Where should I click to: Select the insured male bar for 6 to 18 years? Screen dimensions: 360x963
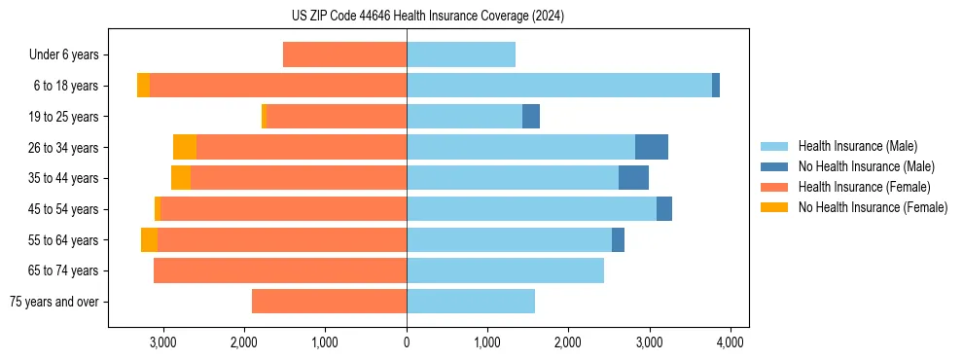pyautogui.click(x=559, y=86)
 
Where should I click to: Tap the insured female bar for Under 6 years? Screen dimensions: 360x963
pyautogui.click(x=344, y=54)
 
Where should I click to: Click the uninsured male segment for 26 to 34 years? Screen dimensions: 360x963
pyautogui.click(x=652, y=147)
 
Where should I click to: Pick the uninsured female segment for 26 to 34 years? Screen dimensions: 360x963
pyautogui.click(x=185, y=147)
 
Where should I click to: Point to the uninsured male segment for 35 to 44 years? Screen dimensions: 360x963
pyautogui.click(x=633, y=178)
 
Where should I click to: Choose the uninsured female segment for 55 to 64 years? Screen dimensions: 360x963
pyautogui.click(x=149, y=239)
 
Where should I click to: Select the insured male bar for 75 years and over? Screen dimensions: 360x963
pyautogui.click(x=471, y=302)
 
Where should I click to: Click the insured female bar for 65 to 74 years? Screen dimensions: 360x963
pyautogui.click(x=280, y=270)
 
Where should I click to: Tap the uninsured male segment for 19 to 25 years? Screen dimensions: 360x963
pyautogui.click(x=531, y=117)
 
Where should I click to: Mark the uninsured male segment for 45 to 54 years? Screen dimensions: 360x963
pyautogui.click(x=664, y=209)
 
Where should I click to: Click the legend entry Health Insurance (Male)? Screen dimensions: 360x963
pyautogui.click(x=857, y=146)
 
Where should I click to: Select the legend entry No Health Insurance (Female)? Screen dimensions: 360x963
pyautogui.click(x=873, y=207)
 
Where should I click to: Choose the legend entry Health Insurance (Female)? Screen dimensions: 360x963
pyautogui.click(x=864, y=187)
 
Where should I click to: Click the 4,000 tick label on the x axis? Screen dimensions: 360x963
pyautogui.click(x=731, y=342)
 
